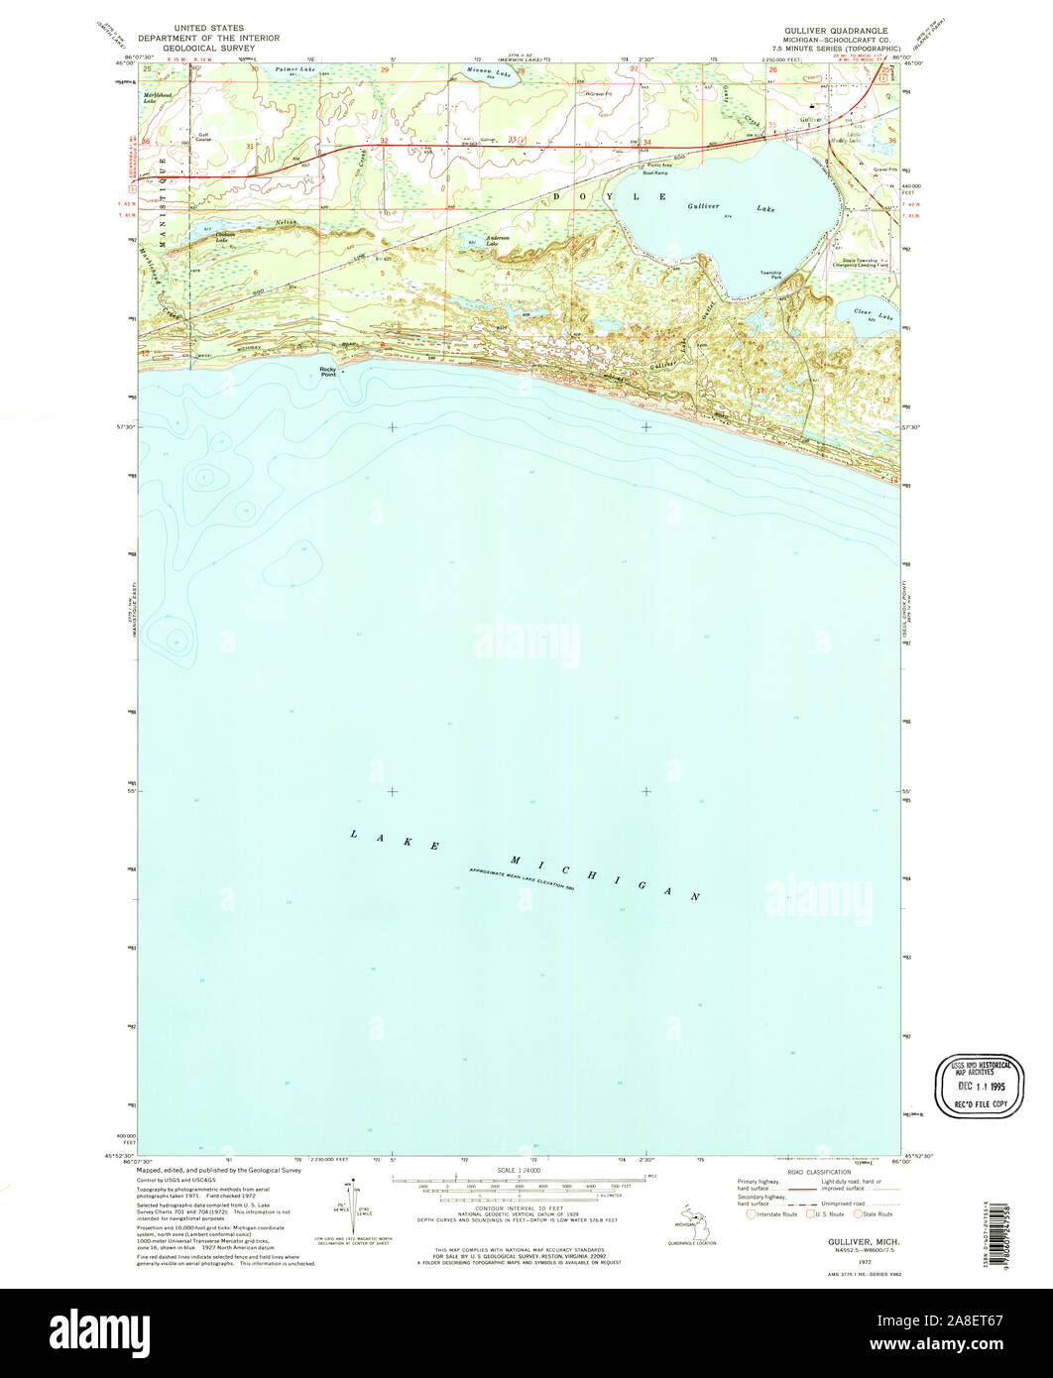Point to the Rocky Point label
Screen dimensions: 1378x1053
(328, 371)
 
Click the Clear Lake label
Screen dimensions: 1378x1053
(874, 313)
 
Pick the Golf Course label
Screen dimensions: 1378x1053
(203, 137)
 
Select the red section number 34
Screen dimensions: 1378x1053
(646, 142)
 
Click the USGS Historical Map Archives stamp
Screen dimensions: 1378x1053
(981, 1086)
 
